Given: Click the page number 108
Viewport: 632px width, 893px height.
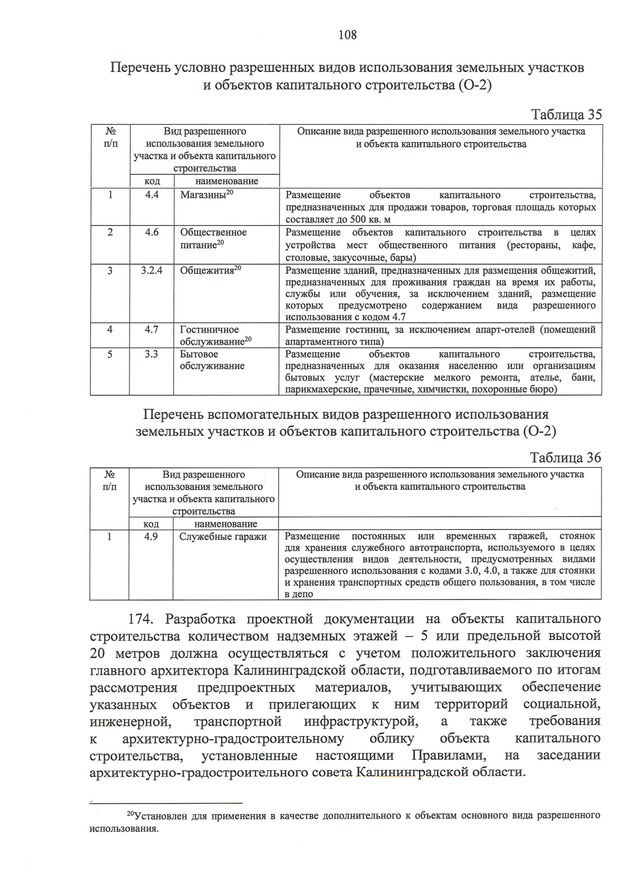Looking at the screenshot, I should (348, 35).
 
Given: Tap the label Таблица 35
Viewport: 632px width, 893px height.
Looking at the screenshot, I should (566, 115).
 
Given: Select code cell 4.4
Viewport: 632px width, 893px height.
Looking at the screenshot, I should (152, 195).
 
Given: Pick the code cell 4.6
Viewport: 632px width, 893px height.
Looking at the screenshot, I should (152, 232).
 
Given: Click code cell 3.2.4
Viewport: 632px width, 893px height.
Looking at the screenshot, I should (152, 270).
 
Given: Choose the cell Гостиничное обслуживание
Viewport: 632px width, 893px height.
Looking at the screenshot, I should (215, 335).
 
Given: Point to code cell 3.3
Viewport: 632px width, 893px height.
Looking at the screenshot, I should (152, 354).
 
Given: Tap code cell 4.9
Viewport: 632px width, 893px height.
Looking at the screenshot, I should (151, 536).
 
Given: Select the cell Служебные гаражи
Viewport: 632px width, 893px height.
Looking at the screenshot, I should (223, 537).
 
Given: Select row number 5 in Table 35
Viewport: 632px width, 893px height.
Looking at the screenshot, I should (110, 354).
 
